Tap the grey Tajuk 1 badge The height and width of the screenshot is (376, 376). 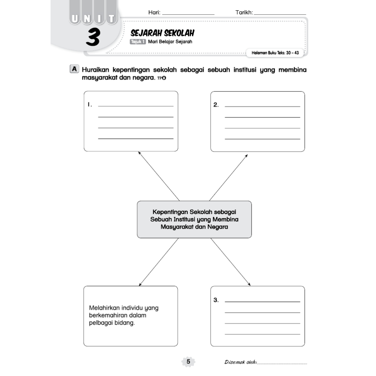[x=138, y=42]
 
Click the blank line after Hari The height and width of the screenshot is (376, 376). [x=188, y=14]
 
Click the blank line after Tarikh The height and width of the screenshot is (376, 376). [x=280, y=14]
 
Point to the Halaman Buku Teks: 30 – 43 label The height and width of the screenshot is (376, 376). [x=275, y=53]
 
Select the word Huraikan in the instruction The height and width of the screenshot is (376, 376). [x=96, y=69]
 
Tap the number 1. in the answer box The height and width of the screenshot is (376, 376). [x=89, y=105]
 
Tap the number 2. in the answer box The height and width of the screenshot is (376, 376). [x=216, y=105]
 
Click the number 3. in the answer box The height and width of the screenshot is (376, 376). [x=216, y=300]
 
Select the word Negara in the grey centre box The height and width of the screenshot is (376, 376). [x=218, y=227]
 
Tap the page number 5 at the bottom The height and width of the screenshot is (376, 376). [x=188, y=362]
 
